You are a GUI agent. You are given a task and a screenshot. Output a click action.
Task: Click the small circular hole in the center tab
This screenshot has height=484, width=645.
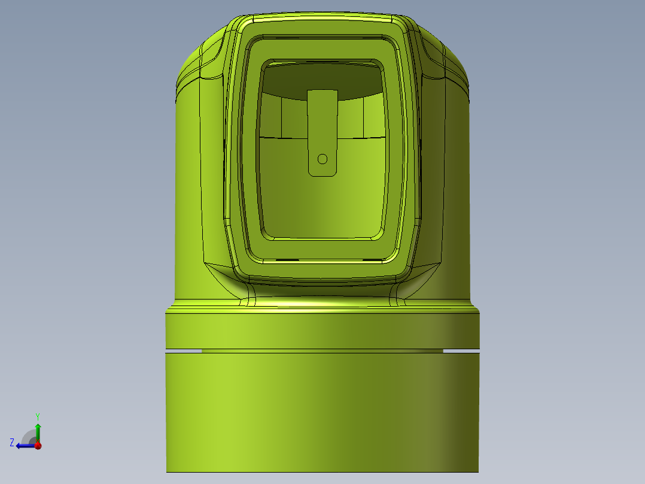pos(322,159)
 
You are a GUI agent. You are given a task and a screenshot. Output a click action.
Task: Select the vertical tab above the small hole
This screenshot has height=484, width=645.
pos(322,120)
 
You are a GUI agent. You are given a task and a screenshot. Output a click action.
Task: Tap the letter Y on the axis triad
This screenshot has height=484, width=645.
pos(37,416)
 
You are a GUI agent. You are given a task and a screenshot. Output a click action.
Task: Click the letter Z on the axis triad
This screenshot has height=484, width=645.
pos(12,443)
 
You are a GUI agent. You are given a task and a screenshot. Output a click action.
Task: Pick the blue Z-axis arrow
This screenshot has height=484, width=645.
pos(24,445)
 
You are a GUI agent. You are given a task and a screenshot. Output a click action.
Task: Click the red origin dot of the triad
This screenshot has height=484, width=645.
pos(38,445)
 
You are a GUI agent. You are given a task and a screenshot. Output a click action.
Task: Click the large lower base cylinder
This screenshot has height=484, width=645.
pos(322,413)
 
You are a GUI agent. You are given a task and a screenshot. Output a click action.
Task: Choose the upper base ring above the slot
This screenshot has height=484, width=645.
pos(322,329)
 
